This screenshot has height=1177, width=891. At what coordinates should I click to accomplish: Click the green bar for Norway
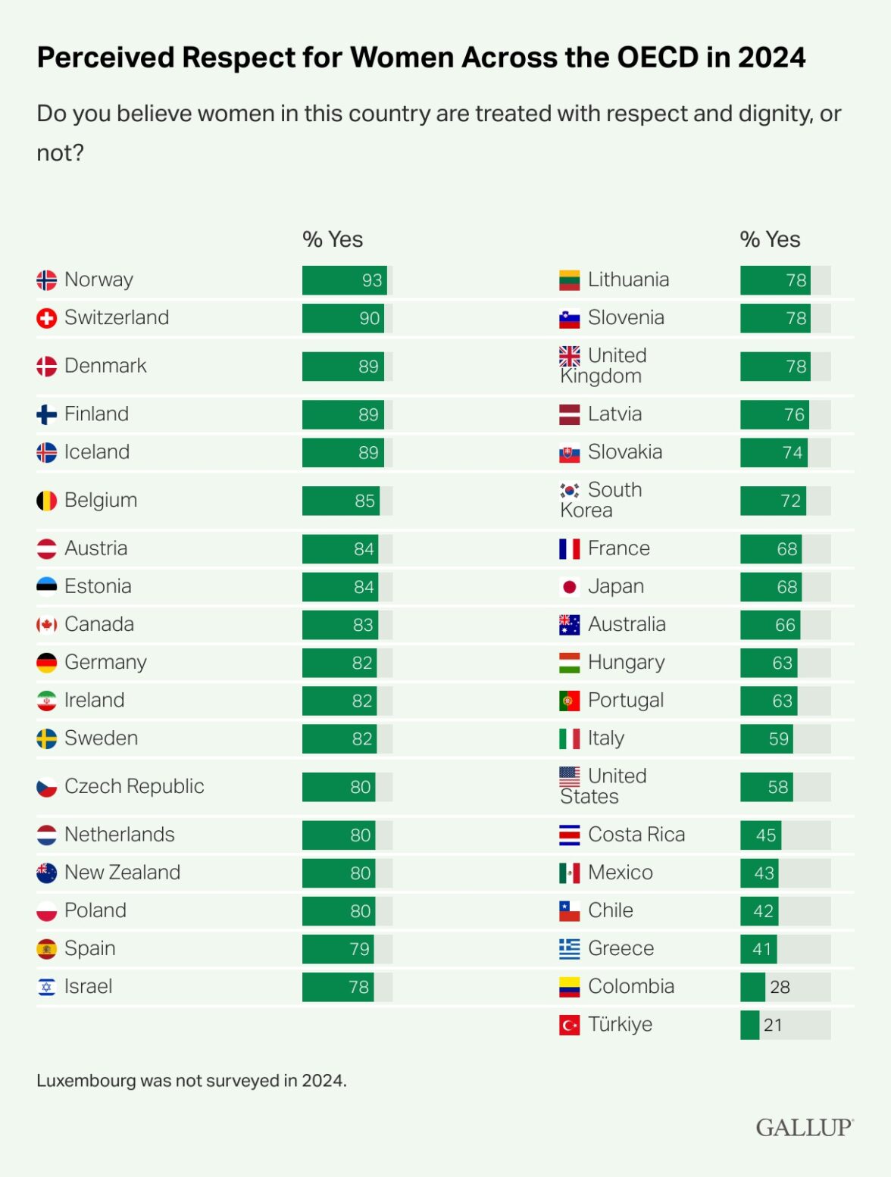point(344,280)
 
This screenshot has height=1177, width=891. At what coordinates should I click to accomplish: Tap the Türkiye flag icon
point(569,1025)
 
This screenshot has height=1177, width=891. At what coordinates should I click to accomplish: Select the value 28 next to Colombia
point(780,987)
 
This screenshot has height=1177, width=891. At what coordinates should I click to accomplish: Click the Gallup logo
point(804,1127)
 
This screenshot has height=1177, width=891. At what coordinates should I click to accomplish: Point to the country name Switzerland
point(117,318)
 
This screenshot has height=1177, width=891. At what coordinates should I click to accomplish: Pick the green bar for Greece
point(758,949)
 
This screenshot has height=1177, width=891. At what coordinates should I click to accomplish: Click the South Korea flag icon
point(569,490)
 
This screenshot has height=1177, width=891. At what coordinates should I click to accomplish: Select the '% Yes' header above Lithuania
point(770,239)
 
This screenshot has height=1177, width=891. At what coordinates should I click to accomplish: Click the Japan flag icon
point(569,587)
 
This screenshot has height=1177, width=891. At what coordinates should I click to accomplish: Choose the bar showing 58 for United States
point(765,787)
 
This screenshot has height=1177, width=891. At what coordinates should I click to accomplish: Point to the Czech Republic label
point(134,787)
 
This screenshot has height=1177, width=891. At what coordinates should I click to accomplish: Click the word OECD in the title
point(658,58)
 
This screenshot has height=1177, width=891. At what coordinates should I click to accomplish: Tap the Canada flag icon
point(47,625)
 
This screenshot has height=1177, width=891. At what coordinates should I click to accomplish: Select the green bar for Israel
point(337,987)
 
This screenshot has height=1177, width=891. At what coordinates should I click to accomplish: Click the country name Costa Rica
point(636,835)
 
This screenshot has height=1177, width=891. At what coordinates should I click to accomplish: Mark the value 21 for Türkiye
point(773,1025)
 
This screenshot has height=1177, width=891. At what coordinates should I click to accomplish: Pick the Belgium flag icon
point(47,501)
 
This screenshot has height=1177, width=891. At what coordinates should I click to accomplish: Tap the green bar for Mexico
point(758,873)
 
